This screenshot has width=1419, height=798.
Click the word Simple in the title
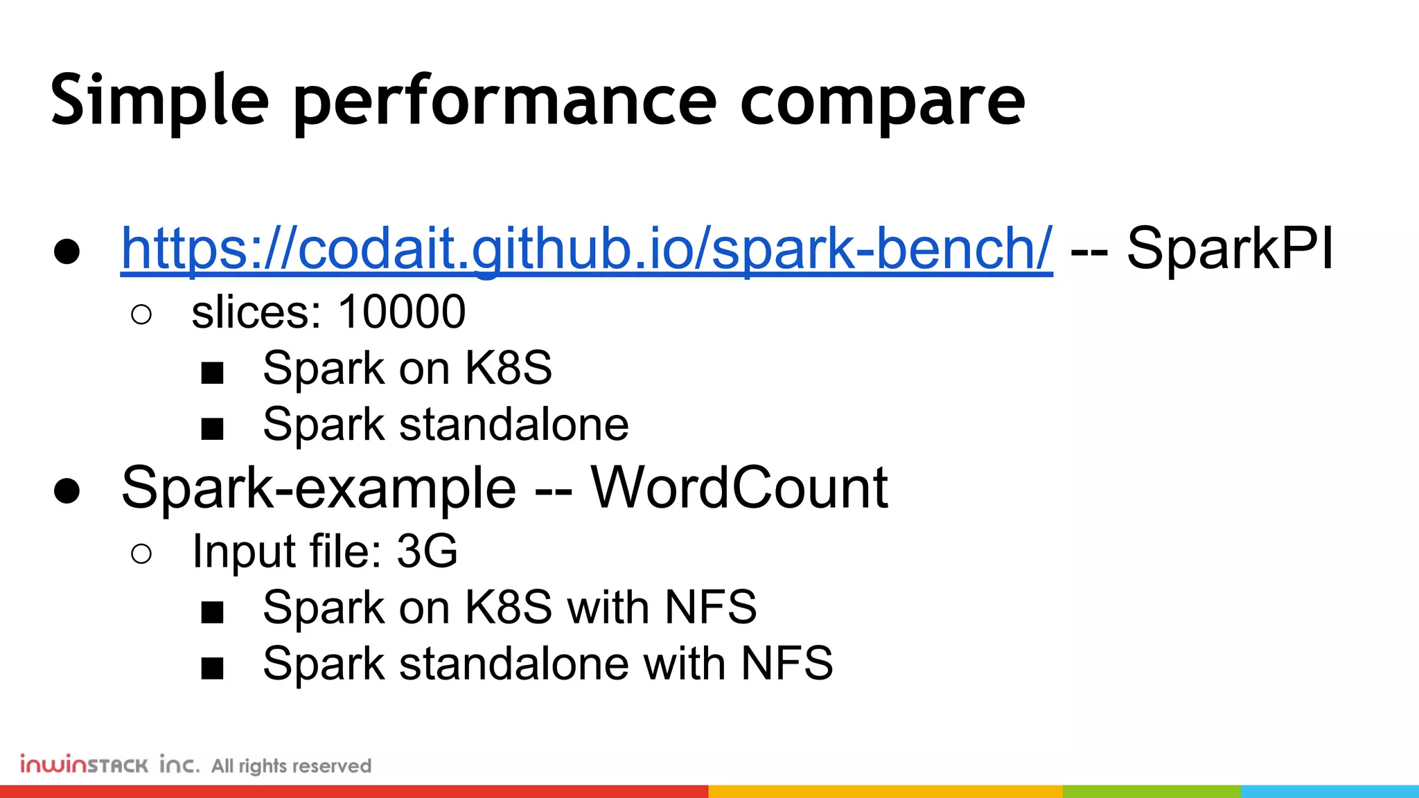(x=159, y=101)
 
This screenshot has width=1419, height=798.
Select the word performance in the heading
(x=504, y=103)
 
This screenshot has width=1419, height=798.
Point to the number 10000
(x=402, y=312)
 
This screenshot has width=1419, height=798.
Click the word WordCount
(x=739, y=488)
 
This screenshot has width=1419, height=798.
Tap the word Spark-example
(x=319, y=489)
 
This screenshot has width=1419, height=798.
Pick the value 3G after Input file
(x=427, y=551)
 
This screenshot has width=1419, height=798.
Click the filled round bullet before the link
(x=67, y=252)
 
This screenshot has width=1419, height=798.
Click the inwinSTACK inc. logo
(x=109, y=764)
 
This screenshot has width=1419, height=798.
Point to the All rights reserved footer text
(x=291, y=766)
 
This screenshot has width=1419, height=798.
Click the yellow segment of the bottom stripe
(x=885, y=791)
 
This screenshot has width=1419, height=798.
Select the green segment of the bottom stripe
(x=1152, y=791)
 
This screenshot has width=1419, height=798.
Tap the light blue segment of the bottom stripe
(x=1330, y=791)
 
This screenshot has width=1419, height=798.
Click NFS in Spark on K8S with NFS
(x=710, y=608)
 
